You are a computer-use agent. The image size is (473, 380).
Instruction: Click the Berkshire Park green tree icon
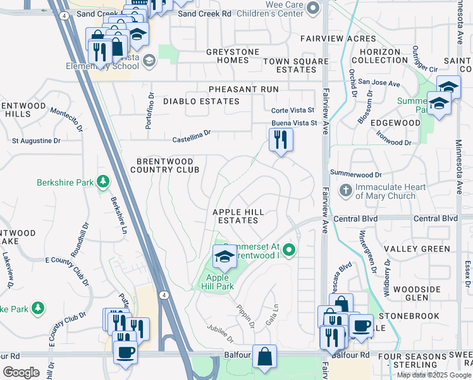pyautogui.click(x=102, y=183)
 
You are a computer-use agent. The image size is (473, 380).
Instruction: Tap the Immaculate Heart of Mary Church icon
pyautogui.click(x=345, y=189)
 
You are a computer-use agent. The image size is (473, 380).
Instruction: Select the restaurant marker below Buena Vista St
pyautogui.click(x=281, y=139)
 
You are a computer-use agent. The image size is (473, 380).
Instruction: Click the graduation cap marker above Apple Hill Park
pyautogui.click(x=223, y=256)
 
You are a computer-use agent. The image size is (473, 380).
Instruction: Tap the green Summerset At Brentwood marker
pyautogui.click(x=289, y=251)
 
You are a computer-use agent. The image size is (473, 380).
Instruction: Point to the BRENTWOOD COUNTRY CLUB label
pyautogui.click(x=164, y=165)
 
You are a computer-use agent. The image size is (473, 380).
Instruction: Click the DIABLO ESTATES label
pyautogui.click(x=201, y=101)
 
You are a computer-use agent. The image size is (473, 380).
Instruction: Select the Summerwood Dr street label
pyautogui.click(x=356, y=174)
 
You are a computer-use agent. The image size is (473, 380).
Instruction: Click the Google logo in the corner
pyautogui.click(x=21, y=372)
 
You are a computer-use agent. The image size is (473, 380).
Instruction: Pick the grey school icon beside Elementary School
pyautogui.click(x=149, y=61)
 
